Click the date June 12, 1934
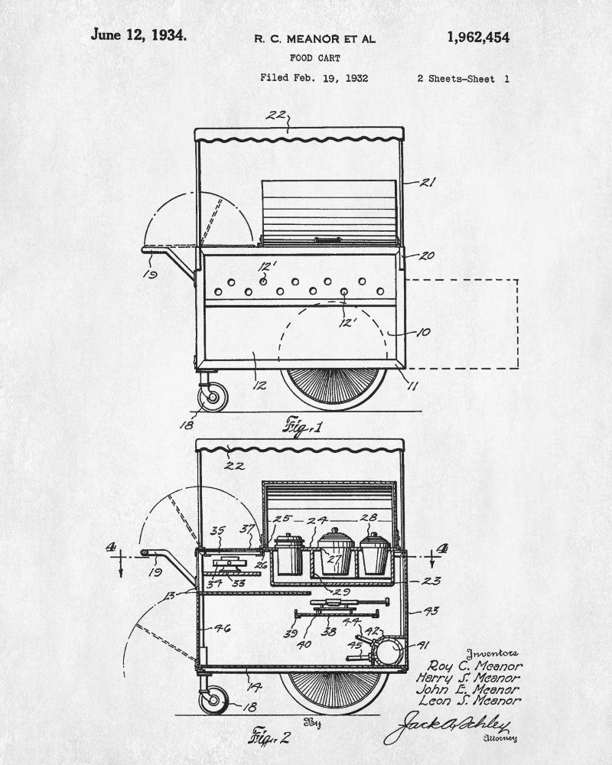[x=138, y=34]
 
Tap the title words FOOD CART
[x=315, y=57]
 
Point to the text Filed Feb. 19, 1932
[x=314, y=78]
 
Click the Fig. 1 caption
[x=304, y=425]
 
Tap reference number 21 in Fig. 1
[x=428, y=182]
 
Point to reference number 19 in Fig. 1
[x=150, y=272]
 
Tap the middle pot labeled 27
[x=334, y=552]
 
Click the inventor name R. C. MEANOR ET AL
[x=315, y=38]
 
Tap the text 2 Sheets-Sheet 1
[x=464, y=78]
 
